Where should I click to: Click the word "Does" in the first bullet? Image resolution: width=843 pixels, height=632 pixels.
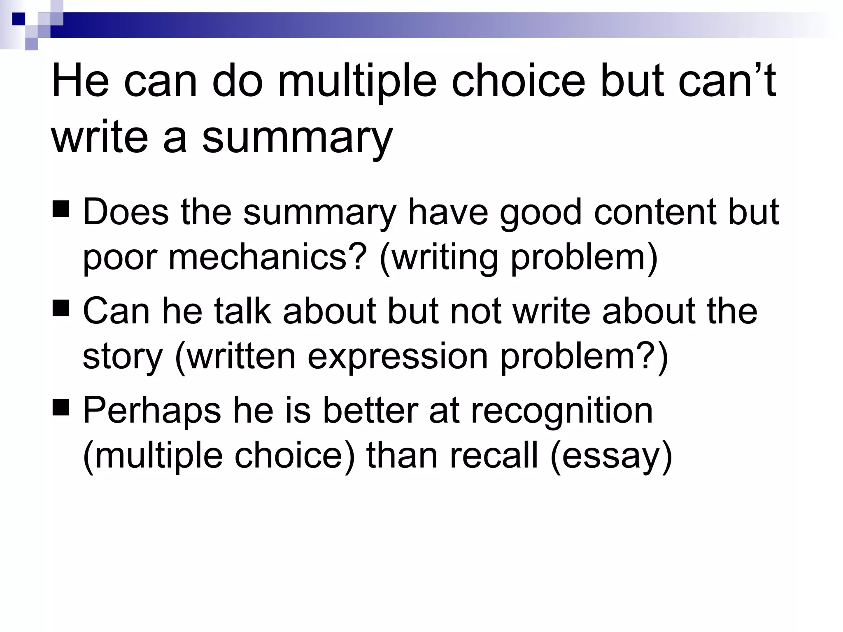pos(126,212)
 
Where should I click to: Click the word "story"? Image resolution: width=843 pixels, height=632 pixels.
pos(123,357)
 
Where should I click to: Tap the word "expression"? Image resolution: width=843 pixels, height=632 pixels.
pos(398,357)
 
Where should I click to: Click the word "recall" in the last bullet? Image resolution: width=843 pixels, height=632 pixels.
pos(494,455)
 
